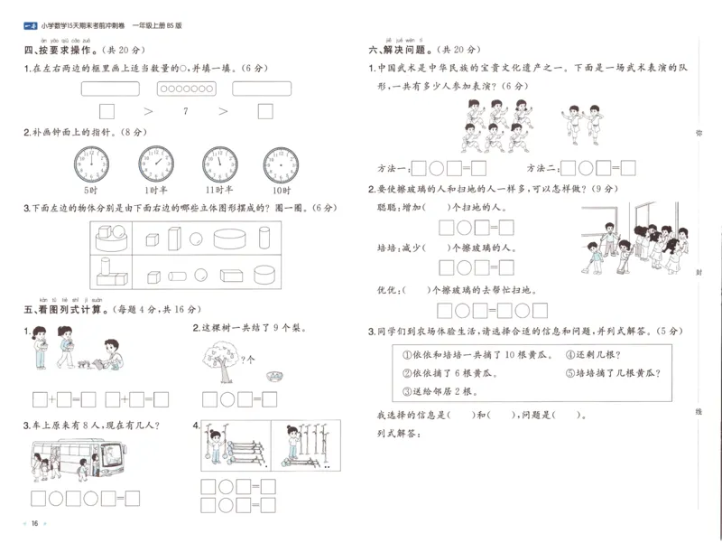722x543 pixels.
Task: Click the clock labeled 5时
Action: (x=90, y=164)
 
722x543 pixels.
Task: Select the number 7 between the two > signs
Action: (x=184, y=111)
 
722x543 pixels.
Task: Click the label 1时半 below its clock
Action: (x=154, y=192)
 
